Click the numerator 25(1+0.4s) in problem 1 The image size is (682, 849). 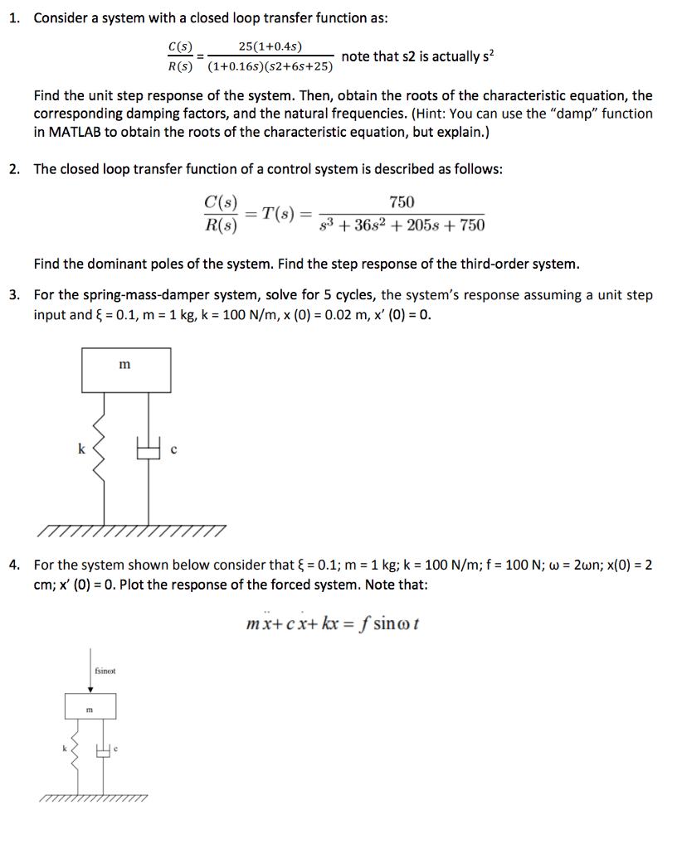[x=270, y=46]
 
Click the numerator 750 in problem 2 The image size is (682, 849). [x=402, y=203]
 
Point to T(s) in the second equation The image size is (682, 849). [x=279, y=213]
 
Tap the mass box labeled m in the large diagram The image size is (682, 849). [x=126, y=370]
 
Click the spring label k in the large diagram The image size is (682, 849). [x=80, y=449]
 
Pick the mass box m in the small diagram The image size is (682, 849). [x=90, y=707]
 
